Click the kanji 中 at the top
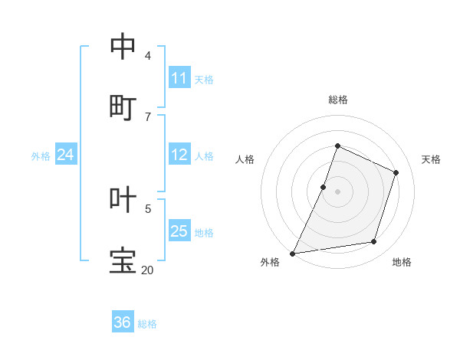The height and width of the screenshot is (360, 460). click(123, 47)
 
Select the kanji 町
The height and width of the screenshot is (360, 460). click(123, 107)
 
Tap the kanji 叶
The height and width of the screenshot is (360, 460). click(123, 199)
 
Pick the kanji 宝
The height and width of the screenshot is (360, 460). click(123, 260)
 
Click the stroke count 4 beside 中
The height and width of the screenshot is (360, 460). click(148, 55)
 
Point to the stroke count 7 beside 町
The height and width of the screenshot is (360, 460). click(148, 116)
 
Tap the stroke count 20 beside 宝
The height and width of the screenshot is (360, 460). click(147, 270)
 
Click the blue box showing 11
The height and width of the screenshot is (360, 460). click(179, 78)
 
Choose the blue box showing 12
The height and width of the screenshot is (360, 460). click(179, 155)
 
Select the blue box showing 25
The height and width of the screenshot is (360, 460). click(179, 231)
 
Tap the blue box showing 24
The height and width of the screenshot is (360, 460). click(66, 155)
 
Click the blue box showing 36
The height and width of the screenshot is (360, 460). click(123, 322)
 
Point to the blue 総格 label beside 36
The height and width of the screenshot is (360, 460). click(147, 324)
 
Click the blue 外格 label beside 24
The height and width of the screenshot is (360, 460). click(41, 156)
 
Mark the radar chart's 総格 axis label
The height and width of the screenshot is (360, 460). click(338, 100)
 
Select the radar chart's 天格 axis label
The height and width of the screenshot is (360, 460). click(431, 159)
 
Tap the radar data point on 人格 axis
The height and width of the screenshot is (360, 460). click(324, 186)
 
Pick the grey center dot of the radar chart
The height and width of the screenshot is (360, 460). click(337, 191)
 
